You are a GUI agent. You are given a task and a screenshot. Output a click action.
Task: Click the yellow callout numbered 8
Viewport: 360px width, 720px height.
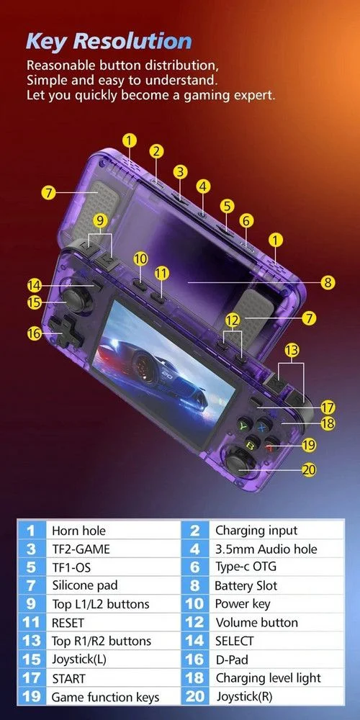(328, 282)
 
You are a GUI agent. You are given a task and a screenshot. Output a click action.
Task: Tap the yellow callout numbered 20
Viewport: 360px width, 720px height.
(310, 469)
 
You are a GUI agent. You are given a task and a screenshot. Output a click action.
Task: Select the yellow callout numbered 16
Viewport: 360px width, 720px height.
(34, 333)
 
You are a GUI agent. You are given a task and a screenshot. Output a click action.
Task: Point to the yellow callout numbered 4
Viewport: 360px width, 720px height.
(203, 186)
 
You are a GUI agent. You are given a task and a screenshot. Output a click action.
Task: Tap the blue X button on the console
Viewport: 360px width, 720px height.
(262, 426)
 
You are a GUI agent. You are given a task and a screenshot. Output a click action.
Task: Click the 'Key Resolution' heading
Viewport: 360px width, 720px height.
(109, 41)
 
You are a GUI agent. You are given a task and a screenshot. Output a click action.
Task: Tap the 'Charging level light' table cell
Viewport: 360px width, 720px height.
(268, 678)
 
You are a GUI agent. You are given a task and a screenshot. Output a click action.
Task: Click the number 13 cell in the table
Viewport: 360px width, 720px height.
(32, 641)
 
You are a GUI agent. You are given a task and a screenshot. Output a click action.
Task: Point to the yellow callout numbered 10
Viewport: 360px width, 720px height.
(140, 259)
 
